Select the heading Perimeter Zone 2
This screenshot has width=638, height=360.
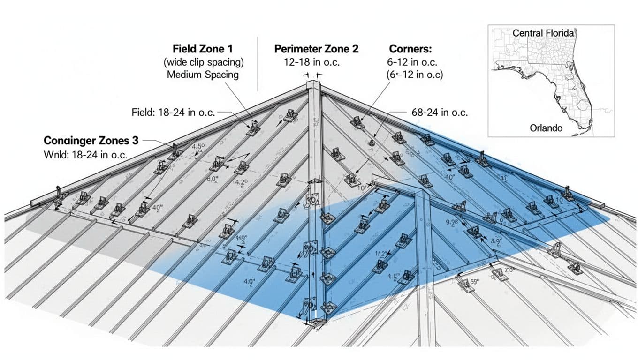(x=316, y=49)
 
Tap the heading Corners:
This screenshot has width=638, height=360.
(x=410, y=49)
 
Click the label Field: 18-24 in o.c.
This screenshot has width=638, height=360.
(x=174, y=112)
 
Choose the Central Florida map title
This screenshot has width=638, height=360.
(x=544, y=33)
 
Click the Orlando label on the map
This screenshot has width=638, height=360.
(x=546, y=127)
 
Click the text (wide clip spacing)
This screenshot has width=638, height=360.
(x=204, y=62)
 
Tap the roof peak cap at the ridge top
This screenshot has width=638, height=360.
(x=312, y=86)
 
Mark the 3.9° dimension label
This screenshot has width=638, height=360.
(x=496, y=242)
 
